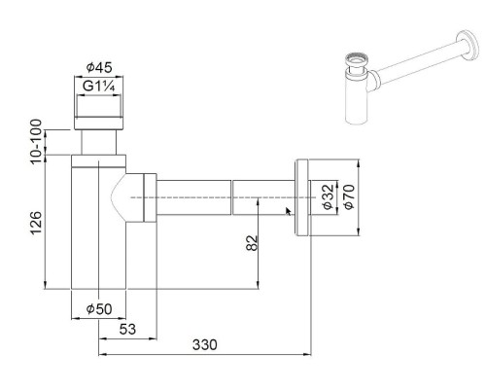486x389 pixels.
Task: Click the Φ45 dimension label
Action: (x=99, y=68)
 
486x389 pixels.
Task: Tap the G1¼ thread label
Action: (x=98, y=87)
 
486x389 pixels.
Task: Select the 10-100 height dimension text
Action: (x=36, y=142)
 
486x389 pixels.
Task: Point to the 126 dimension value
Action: (x=36, y=222)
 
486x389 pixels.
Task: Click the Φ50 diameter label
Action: (x=99, y=308)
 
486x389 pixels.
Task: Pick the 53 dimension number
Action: (x=127, y=330)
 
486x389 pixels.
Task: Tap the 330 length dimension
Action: (x=204, y=345)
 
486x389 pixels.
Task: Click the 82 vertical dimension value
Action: (x=252, y=242)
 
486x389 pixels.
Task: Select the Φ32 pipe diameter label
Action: (x=328, y=197)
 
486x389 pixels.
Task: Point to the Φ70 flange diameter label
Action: (x=349, y=197)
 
